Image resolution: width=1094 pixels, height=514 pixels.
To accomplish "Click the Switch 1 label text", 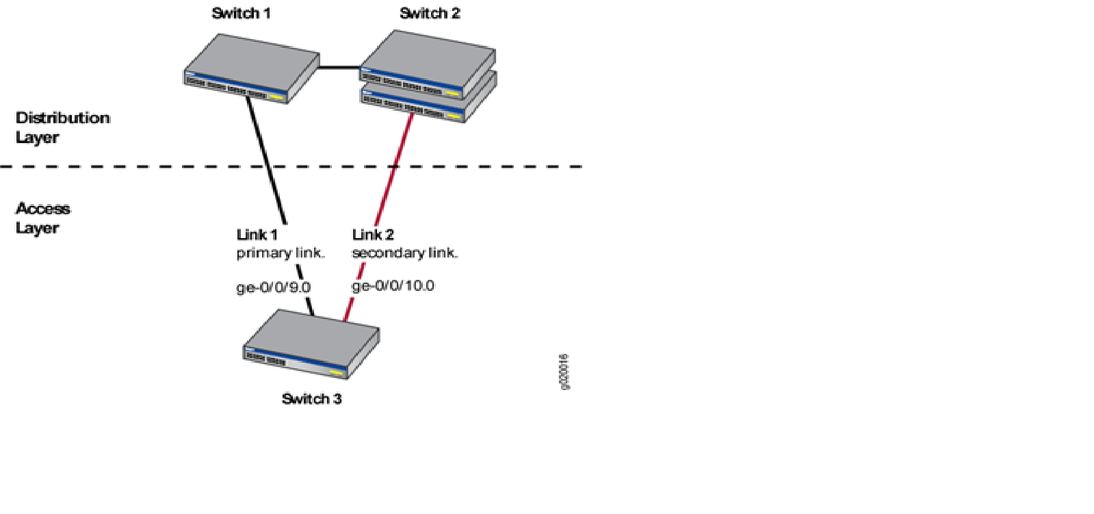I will (241, 13).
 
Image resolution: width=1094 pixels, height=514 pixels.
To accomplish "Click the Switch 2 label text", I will (430, 13).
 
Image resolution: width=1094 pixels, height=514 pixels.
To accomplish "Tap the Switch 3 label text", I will (311, 398).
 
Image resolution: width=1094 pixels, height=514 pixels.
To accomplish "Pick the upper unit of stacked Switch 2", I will (428, 63).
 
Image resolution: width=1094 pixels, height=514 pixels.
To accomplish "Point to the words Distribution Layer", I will (62, 127).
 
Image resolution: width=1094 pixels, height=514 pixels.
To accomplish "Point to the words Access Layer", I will (42, 218).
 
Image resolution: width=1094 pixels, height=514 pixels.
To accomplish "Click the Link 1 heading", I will (257, 235).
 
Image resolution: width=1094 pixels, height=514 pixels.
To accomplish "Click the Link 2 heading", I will (373, 235).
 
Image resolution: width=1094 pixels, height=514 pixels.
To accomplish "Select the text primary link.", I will (281, 253).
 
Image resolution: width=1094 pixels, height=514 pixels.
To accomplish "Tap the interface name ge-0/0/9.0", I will (273, 287).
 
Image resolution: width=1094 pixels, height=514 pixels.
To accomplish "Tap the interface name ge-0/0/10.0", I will (393, 285).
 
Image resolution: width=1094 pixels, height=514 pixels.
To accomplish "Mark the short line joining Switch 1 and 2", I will (339, 67).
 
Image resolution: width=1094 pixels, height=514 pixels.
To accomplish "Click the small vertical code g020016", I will (564, 372).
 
